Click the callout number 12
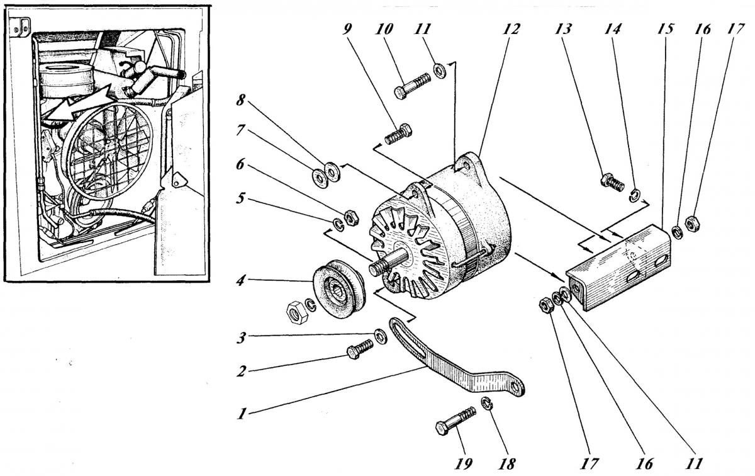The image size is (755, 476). pyautogui.click(x=512, y=30)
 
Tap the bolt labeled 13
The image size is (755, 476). pyautogui.click(x=613, y=182)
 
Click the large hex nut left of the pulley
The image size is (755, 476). pyautogui.click(x=295, y=310)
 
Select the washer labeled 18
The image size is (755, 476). pyautogui.click(x=486, y=403)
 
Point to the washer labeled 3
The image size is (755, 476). pyautogui.click(x=381, y=335)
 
